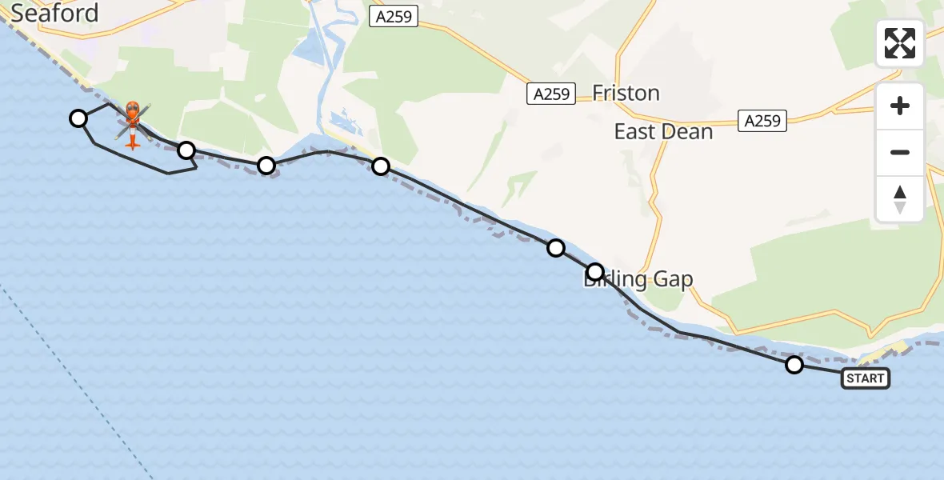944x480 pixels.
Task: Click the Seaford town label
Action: pyautogui.click(x=54, y=13)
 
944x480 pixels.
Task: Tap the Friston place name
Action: pyautogui.click(x=626, y=94)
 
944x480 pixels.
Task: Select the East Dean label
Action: pyautogui.click(x=663, y=132)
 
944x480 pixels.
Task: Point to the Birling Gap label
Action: pyautogui.click(x=638, y=279)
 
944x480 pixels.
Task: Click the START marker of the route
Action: pyautogui.click(x=865, y=378)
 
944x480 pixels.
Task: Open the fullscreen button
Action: pyautogui.click(x=900, y=43)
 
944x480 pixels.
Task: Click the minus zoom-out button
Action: pyautogui.click(x=900, y=152)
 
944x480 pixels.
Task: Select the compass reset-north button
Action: pyautogui.click(x=900, y=199)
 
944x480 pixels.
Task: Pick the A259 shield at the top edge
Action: pyautogui.click(x=394, y=16)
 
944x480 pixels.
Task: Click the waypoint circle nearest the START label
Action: pyautogui.click(x=794, y=365)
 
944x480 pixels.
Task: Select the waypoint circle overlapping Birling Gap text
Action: pyautogui.click(x=595, y=272)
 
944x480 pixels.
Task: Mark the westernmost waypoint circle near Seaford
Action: pyautogui.click(x=78, y=118)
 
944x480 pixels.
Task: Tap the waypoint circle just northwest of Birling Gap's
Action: pyautogui.click(x=556, y=248)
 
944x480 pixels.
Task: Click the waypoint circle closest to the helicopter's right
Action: pyautogui.click(x=186, y=150)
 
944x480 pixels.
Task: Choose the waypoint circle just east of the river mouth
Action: pyautogui.click(x=381, y=166)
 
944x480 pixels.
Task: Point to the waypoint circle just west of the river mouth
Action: pyautogui.click(x=266, y=166)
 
